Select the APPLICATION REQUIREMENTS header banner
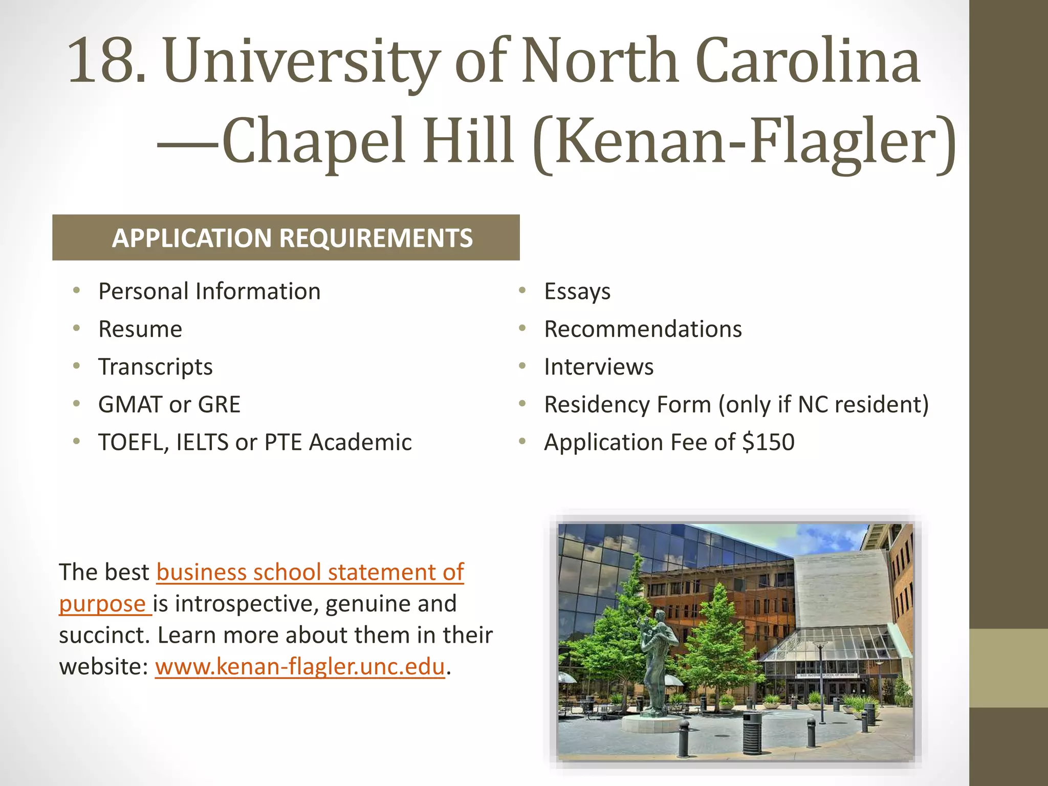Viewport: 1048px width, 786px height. click(286, 237)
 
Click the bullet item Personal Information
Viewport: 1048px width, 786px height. click(209, 291)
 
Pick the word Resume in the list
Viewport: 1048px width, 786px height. click(140, 329)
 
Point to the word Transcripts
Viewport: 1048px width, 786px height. click(155, 367)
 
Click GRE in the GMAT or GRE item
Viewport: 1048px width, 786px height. click(219, 404)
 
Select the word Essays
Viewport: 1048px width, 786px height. click(577, 291)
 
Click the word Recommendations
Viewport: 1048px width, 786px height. click(643, 329)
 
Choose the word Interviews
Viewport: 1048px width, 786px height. click(599, 367)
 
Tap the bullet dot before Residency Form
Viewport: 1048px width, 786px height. click(522, 404)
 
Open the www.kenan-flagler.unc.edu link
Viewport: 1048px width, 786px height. click(300, 666)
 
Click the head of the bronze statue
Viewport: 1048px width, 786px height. click(661, 616)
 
